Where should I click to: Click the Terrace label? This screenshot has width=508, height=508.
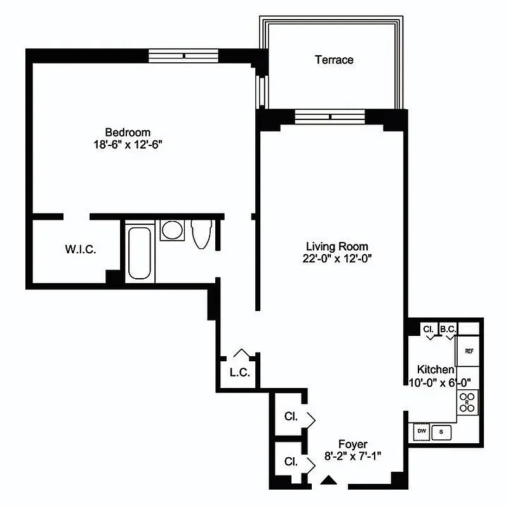click(x=334, y=60)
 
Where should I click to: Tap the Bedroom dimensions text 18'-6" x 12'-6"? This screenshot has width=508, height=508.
click(x=128, y=144)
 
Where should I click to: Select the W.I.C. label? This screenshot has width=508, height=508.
click(x=81, y=250)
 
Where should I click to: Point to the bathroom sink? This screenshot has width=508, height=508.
click(x=171, y=230)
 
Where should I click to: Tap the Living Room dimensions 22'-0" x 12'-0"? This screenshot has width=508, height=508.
click(x=337, y=258)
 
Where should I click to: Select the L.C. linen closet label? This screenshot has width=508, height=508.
click(x=239, y=373)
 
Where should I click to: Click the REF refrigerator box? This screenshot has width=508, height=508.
click(x=469, y=351)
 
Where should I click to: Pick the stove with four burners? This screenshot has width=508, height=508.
click(x=467, y=402)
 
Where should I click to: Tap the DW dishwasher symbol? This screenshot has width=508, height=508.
click(x=421, y=432)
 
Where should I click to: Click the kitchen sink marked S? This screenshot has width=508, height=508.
click(x=442, y=432)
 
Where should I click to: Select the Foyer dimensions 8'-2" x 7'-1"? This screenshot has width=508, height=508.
click(x=352, y=456)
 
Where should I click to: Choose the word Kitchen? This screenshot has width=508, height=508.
click(x=435, y=370)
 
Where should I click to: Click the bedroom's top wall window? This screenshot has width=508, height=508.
click(x=184, y=56)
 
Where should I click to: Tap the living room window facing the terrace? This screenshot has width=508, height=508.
click(x=330, y=117)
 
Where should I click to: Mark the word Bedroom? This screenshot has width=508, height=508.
click(x=128, y=132)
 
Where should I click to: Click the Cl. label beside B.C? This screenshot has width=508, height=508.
click(x=429, y=329)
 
